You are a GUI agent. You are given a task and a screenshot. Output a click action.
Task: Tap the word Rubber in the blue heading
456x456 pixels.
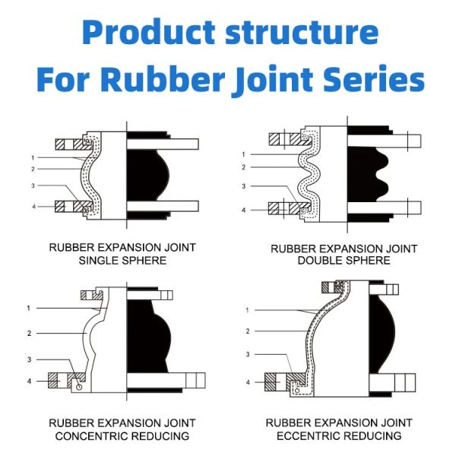176,78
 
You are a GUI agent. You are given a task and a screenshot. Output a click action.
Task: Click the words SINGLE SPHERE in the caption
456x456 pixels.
122,261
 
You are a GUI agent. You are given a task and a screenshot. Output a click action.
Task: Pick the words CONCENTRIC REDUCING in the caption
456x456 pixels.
122,435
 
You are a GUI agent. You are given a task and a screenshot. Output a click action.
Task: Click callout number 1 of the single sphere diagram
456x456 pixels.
33,157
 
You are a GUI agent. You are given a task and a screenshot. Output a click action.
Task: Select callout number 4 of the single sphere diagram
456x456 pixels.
33,207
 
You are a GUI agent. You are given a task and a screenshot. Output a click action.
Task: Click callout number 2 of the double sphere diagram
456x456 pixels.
242,167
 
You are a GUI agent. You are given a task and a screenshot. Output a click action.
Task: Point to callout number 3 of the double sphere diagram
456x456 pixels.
242,186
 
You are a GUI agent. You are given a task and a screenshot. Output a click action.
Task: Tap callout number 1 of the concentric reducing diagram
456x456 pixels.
28,308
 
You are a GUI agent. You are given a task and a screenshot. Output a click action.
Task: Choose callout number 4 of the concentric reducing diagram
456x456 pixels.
28,380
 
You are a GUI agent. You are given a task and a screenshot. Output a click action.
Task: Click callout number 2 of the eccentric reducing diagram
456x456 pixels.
247,331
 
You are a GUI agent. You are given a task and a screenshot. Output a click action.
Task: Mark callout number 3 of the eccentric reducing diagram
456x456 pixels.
247,354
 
